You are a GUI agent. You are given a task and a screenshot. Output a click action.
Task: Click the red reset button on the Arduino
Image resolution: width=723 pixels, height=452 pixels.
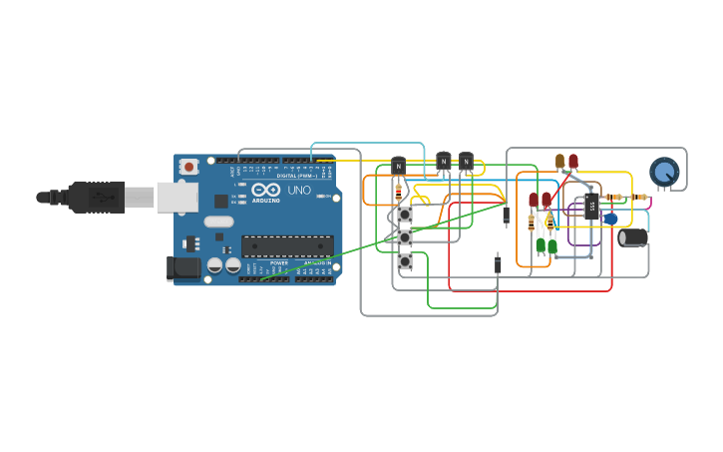187,167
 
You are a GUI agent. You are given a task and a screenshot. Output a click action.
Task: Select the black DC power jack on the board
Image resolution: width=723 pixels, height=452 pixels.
184,267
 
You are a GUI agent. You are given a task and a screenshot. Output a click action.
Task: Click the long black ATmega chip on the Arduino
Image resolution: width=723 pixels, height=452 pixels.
287,246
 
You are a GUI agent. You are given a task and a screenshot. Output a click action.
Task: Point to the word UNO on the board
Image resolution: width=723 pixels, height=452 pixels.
299,190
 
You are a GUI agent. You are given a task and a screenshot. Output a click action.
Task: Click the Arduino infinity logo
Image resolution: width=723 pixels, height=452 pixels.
265,190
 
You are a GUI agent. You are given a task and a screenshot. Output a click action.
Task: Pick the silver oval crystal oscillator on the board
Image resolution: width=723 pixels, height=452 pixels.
218,222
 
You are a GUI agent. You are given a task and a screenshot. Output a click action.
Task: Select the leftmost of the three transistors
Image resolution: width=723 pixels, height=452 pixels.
399,165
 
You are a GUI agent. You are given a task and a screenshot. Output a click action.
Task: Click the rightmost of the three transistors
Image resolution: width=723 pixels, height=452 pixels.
466,161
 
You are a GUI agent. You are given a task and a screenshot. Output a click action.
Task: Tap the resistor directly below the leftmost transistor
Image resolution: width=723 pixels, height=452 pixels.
399,189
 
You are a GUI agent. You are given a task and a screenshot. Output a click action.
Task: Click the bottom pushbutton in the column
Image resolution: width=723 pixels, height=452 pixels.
405,261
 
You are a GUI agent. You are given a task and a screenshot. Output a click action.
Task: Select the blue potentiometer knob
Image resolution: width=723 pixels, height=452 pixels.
664,172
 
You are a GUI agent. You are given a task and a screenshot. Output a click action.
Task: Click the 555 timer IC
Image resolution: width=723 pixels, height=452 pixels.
591,208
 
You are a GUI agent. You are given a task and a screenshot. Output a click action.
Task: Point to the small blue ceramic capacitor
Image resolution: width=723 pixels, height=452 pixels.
610,219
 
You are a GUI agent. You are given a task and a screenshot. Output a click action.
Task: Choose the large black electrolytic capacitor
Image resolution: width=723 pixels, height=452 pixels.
633,237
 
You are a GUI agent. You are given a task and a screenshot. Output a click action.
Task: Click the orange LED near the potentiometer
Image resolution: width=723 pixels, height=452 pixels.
559,161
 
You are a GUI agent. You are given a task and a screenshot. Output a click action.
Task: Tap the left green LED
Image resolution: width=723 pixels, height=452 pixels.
541,245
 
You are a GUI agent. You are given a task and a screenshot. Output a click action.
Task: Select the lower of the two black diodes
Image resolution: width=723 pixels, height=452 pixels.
498,264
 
